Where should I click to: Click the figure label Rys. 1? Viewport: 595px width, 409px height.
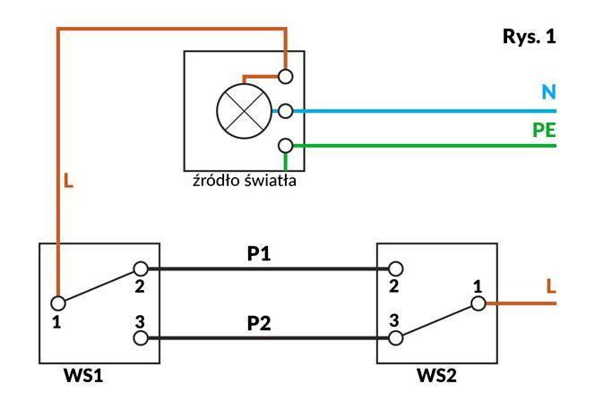(x=529, y=37)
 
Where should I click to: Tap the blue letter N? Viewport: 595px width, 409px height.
(x=548, y=92)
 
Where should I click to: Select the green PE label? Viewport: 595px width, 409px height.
(x=544, y=130)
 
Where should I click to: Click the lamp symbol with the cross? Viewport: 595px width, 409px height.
(x=244, y=111)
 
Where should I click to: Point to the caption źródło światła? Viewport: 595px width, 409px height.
(x=245, y=181)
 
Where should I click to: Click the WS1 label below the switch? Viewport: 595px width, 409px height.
(x=83, y=376)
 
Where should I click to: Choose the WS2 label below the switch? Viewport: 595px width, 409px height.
(x=436, y=376)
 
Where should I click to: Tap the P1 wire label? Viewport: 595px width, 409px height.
(x=259, y=253)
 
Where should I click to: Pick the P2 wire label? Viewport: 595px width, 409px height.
(x=259, y=323)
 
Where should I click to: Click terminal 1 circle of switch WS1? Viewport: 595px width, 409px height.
(x=58, y=303)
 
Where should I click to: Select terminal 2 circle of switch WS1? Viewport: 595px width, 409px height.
(x=141, y=268)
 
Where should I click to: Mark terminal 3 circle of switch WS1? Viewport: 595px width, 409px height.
(x=141, y=338)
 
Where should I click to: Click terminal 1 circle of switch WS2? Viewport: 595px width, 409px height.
(x=479, y=303)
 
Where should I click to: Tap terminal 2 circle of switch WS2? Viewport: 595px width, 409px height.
(x=395, y=268)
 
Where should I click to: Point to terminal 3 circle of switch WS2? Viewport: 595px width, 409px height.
(x=395, y=338)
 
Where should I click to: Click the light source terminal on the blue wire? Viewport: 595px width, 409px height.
(x=285, y=111)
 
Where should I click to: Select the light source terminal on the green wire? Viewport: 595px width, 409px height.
(x=285, y=146)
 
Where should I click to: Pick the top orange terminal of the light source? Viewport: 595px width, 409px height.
(x=285, y=77)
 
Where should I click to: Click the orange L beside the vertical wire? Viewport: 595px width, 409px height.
(x=68, y=181)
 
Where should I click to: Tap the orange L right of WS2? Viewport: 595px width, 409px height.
(x=551, y=286)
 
